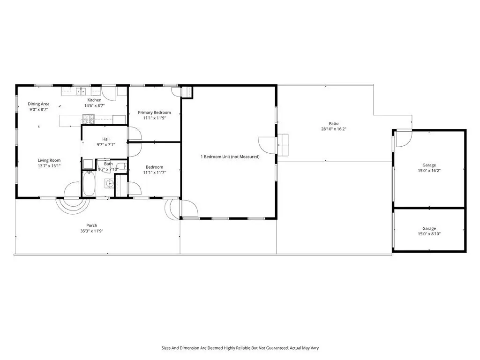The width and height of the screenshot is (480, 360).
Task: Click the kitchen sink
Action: (x=81, y=91)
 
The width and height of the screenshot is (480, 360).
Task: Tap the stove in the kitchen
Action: (x=88, y=119)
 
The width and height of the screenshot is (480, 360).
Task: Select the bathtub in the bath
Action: (x=89, y=183)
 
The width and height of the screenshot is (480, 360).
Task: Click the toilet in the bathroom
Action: (x=121, y=166)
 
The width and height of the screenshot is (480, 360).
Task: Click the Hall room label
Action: (x=106, y=139)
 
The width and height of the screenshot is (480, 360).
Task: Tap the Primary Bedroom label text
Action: (x=154, y=112)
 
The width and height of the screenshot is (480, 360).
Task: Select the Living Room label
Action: (x=49, y=160)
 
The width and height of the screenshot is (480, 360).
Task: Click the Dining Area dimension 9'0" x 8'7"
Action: (x=38, y=109)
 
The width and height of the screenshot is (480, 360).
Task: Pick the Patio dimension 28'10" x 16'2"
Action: (x=334, y=129)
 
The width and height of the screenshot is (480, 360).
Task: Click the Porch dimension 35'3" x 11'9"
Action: (x=91, y=231)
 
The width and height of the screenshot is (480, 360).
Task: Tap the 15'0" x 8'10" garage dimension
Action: (x=429, y=234)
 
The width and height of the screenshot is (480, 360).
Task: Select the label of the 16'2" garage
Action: (x=429, y=165)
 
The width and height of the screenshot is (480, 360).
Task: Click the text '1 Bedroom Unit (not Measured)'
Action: (x=230, y=157)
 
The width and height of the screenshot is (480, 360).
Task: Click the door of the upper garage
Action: (x=404, y=139)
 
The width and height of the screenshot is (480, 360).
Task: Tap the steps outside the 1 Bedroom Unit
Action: (x=283, y=145)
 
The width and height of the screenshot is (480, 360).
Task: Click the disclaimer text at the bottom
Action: (x=240, y=348)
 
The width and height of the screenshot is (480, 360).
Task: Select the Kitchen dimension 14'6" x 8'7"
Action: (x=95, y=105)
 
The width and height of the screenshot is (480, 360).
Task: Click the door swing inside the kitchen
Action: (x=109, y=93)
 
